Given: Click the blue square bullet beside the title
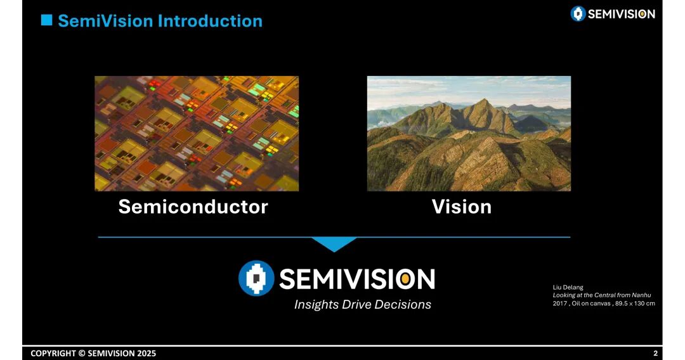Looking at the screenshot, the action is point(47,20).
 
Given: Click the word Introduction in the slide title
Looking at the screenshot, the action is point(210,21).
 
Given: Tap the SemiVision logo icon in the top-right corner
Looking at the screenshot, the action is point(578,13).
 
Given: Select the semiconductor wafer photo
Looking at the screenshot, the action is point(197,134).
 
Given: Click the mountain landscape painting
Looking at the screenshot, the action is point(469,134).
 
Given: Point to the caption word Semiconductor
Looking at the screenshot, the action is point(193,207).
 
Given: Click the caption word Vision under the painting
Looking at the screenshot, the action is point(462,207).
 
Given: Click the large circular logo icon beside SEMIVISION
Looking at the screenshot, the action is point(256,278).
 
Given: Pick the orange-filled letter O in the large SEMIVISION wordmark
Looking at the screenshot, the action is point(405,279).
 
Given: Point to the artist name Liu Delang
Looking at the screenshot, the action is point(568,287).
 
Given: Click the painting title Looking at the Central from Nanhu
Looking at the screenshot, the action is point(602,295).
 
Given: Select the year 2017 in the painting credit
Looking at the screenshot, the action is point(559,303).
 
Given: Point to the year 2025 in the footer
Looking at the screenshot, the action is point(147,354).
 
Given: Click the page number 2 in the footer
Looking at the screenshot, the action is point(655,354).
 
